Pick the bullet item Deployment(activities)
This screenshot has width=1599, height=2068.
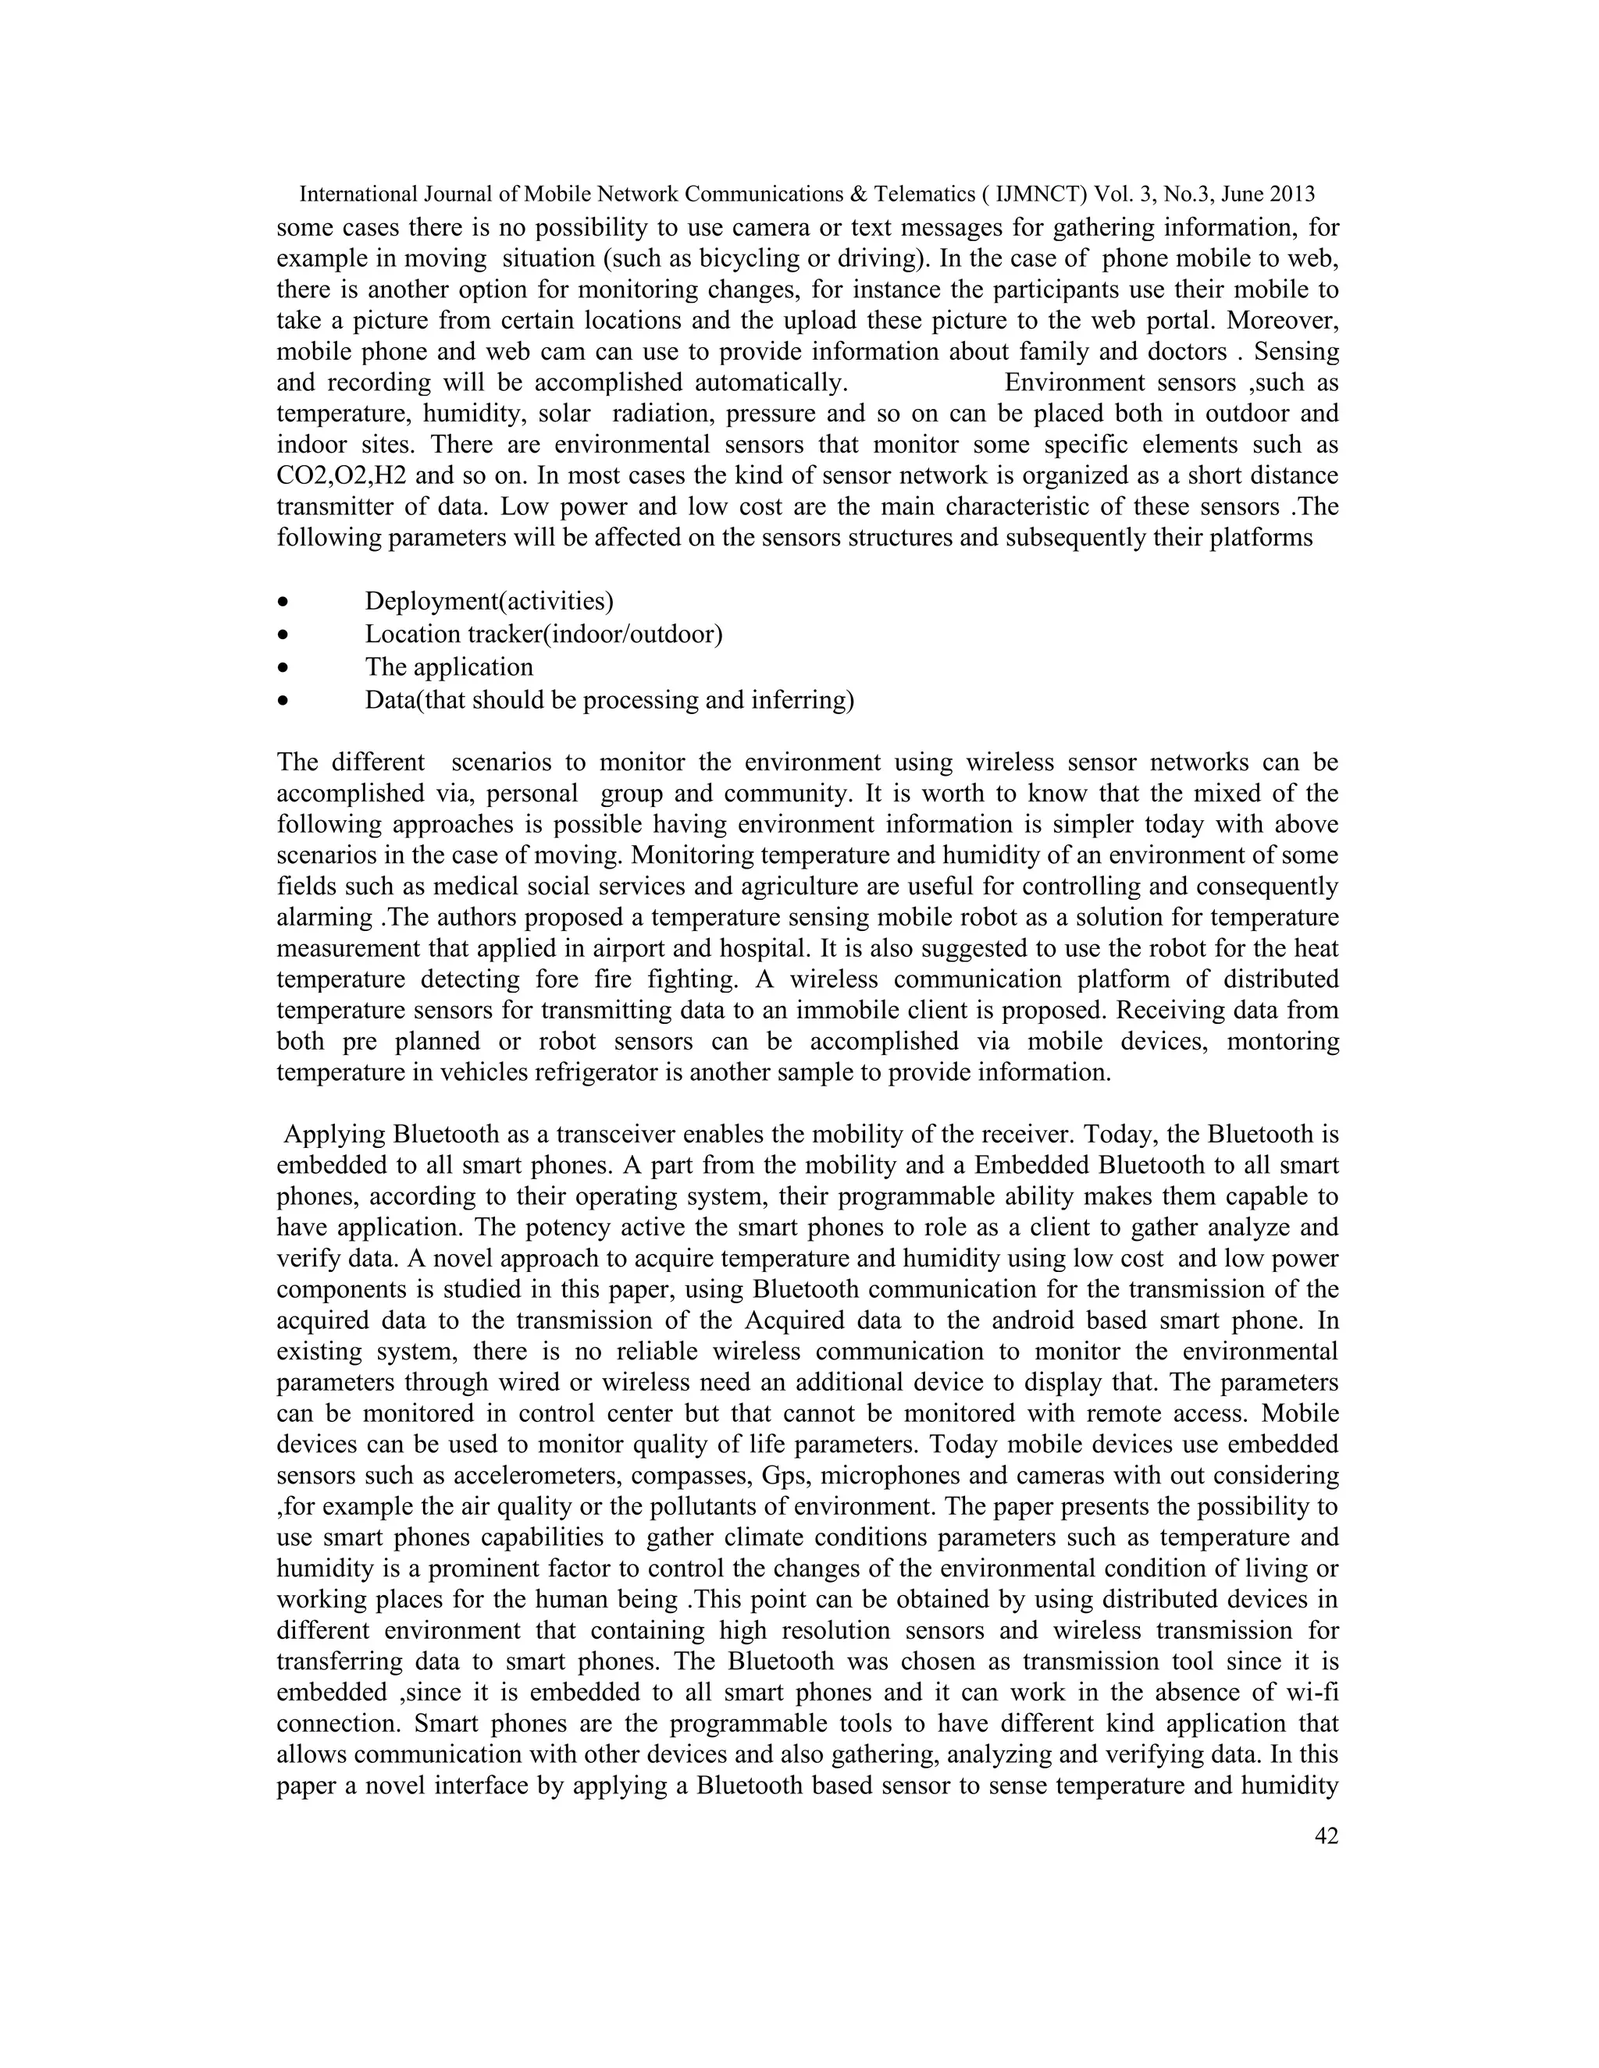[489, 601]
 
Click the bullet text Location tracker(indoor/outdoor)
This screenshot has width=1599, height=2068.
[543, 634]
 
